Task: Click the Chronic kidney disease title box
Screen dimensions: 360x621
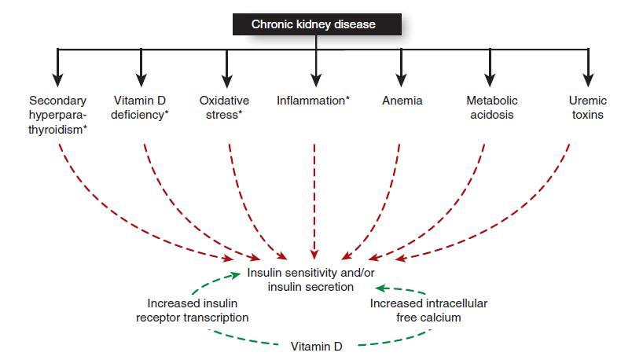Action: (x=314, y=24)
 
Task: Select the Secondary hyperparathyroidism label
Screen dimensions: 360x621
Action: (x=57, y=115)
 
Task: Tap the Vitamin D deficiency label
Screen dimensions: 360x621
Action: (x=141, y=108)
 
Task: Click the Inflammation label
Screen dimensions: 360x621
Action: (x=312, y=101)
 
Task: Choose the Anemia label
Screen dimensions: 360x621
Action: (x=402, y=101)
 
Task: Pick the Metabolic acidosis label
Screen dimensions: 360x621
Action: (x=491, y=108)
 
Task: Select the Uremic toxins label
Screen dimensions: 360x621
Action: (x=587, y=108)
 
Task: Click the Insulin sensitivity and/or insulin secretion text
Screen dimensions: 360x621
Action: (x=311, y=280)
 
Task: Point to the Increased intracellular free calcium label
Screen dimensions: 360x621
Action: (x=428, y=310)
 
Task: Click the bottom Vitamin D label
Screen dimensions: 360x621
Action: (x=316, y=346)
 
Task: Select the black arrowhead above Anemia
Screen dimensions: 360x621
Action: (x=401, y=79)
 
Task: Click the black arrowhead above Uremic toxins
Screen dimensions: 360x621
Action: (x=588, y=79)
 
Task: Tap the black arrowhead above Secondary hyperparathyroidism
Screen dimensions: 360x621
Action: (x=57, y=79)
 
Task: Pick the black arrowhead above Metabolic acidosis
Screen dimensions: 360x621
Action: (x=490, y=79)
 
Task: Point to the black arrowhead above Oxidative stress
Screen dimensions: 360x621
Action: (x=226, y=79)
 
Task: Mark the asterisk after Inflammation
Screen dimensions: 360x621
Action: (x=347, y=99)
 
